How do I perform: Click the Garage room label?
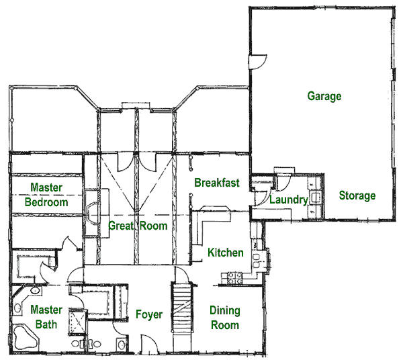[324, 96]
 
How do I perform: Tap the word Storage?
[357, 195]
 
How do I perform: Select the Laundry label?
[289, 199]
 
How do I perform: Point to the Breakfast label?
[217, 183]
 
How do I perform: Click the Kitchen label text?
[226, 253]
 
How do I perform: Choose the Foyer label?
[149, 314]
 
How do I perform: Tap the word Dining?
[225, 311]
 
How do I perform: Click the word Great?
[122, 226]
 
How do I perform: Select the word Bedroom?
[46, 202]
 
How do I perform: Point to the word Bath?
[46, 324]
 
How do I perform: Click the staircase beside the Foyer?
[183, 308]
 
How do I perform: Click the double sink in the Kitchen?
[257, 261]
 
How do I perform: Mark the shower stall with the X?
[78, 322]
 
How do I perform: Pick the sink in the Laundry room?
[316, 197]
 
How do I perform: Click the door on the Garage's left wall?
[257, 62]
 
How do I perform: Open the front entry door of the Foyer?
[149, 344]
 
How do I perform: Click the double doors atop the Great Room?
[137, 162]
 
